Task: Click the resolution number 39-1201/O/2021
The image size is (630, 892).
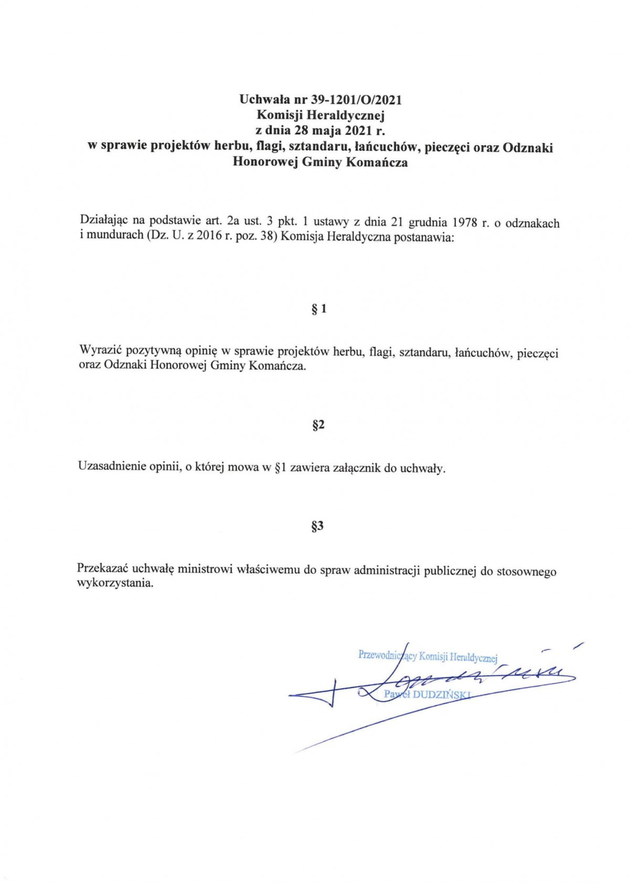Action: pyautogui.click(x=357, y=99)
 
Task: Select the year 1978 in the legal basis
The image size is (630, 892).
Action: pyautogui.click(x=464, y=222)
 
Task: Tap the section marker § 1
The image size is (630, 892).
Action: pyautogui.click(x=319, y=309)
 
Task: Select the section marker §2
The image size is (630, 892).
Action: pyautogui.click(x=318, y=425)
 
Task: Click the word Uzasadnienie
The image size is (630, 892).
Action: pyautogui.click(x=112, y=466)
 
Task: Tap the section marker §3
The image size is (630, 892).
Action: pyautogui.click(x=318, y=526)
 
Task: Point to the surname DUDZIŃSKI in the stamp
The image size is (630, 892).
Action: pyautogui.click(x=442, y=694)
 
